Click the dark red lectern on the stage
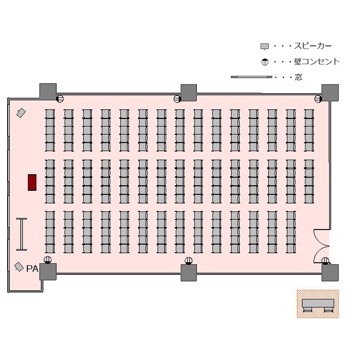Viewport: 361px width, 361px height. click(x=33, y=182)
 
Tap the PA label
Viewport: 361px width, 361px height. click(x=32, y=269)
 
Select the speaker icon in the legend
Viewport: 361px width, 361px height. click(x=264, y=47)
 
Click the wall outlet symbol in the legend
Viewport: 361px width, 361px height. click(x=264, y=62)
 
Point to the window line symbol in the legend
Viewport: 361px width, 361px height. click(x=251, y=77)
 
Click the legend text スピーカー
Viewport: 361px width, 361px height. click(x=312, y=46)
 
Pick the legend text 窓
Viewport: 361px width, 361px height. click(x=298, y=77)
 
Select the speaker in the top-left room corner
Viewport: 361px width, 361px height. click(x=21, y=113)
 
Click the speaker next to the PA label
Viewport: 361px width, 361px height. click(x=19, y=267)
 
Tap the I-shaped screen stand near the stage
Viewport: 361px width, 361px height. click(x=22, y=234)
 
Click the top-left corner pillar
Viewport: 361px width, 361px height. click(x=48, y=91)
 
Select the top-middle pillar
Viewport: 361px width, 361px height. click(x=189, y=92)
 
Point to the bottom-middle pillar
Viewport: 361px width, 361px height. click(x=189, y=272)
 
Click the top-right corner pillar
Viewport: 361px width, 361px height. click(x=330, y=92)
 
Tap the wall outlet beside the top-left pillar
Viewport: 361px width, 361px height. click(x=60, y=99)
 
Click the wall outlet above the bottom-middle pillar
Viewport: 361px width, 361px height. click(x=189, y=261)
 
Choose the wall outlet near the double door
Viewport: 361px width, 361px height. click(x=326, y=261)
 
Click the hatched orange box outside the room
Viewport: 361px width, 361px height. click(x=318, y=304)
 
